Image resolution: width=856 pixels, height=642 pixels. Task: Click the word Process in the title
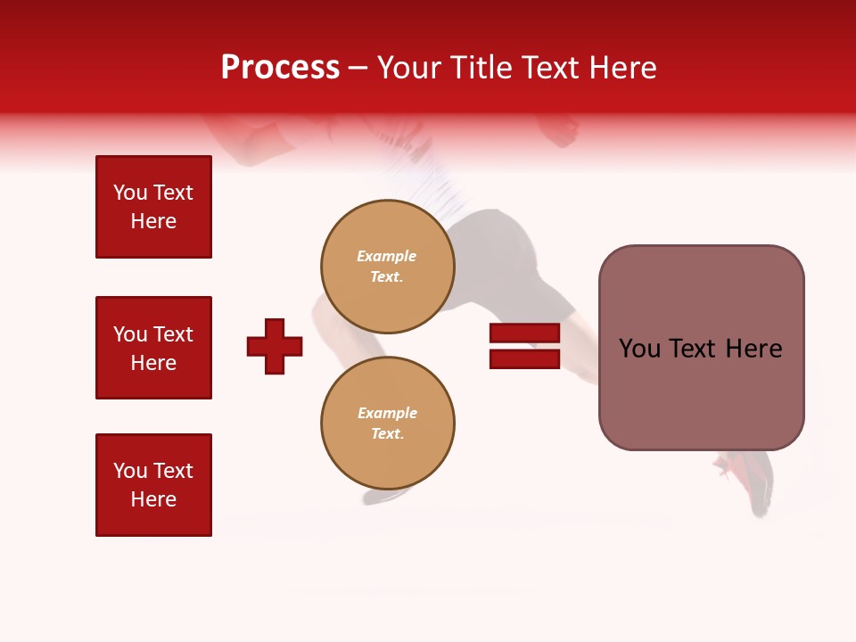(x=280, y=68)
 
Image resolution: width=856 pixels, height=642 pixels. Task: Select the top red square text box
(x=153, y=207)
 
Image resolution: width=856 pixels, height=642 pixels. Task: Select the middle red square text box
(x=153, y=348)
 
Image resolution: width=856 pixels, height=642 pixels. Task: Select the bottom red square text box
(x=153, y=484)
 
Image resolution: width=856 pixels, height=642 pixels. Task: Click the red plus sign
(x=275, y=346)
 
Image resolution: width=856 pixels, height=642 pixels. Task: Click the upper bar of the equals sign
(x=524, y=333)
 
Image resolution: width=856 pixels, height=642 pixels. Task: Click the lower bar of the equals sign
(x=524, y=358)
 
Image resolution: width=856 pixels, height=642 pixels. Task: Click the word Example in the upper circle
(x=386, y=256)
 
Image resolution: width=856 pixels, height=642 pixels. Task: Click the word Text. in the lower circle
(x=387, y=433)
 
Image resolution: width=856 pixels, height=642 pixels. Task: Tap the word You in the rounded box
(x=638, y=349)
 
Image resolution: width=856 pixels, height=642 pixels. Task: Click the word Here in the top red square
(x=153, y=221)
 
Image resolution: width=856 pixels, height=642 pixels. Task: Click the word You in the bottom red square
(x=130, y=471)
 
